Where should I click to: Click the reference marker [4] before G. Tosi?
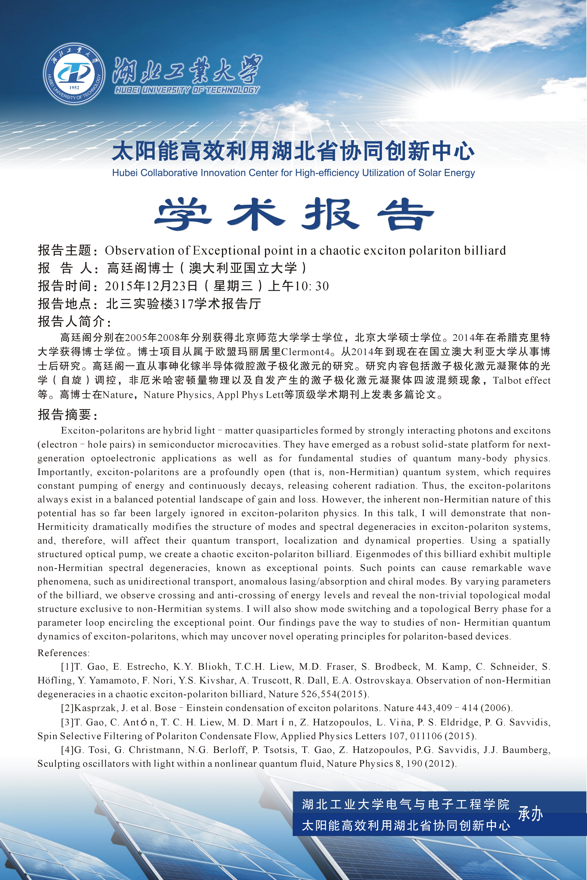pos(67,750)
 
